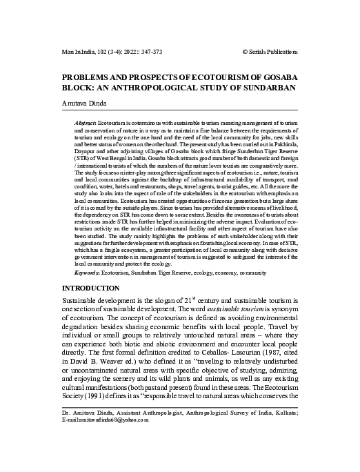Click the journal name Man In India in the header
pyautogui.click(x=77, y=52)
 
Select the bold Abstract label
pyautogui.click(x=85, y=121)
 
